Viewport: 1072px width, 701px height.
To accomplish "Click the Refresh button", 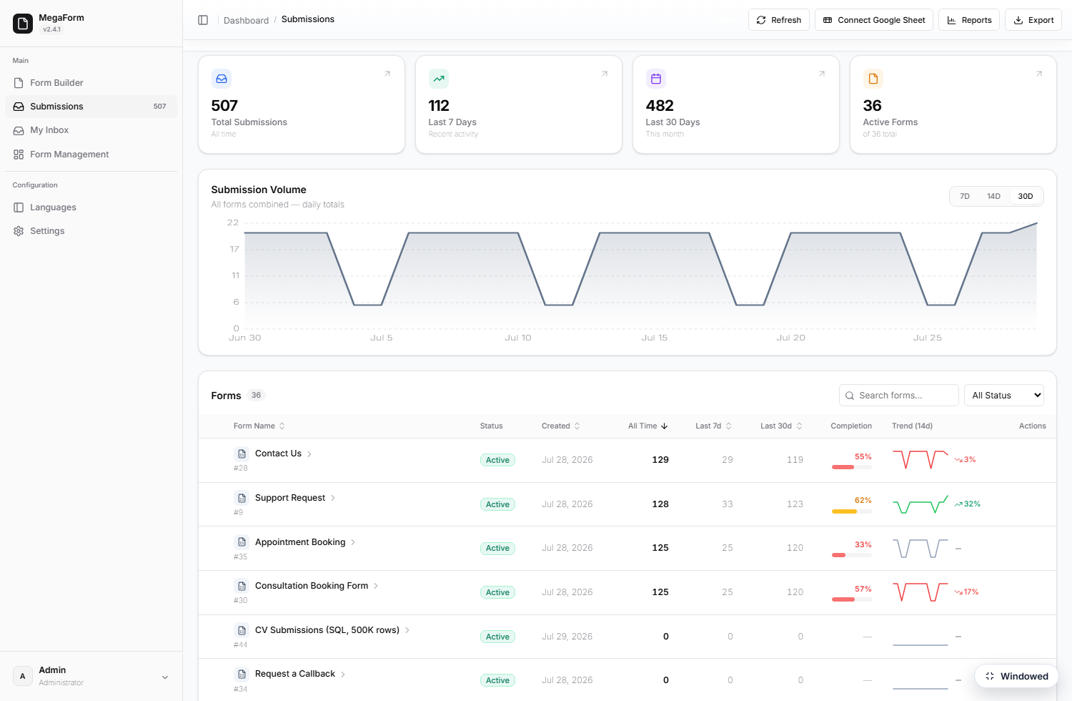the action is pyautogui.click(x=779, y=20).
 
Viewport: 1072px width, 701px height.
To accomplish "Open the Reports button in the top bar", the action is pyautogui.click(x=968, y=20).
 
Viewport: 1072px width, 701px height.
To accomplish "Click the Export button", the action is pyautogui.click(x=1033, y=20).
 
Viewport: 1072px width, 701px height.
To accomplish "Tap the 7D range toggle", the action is pyautogui.click(x=964, y=197).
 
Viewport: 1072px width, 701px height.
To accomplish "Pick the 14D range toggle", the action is pyautogui.click(x=993, y=197).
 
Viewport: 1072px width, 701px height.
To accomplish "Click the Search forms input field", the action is pyautogui.click(x=899, y=396).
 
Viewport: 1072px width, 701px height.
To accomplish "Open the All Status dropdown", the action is pyautogui.click(x=1003, y=396).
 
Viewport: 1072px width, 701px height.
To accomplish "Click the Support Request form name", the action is pyautogui.click(x=290, y=498).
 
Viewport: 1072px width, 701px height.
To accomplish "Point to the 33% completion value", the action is pyautogui.click(x=863, y=545).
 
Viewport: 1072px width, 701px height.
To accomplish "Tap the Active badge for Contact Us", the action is pyautogui.click(x=497, y=460).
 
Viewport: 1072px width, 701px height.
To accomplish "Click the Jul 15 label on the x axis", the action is pyautogui.click(x=654, y=338).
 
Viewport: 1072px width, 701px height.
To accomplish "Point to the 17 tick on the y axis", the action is pyautogui.click(x=234, y=249).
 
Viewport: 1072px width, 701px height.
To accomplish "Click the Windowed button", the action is pyautogui.click(x=1016, y=676).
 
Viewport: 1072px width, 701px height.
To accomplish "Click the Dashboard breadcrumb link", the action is pyautogui.click(x=246, y=20).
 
